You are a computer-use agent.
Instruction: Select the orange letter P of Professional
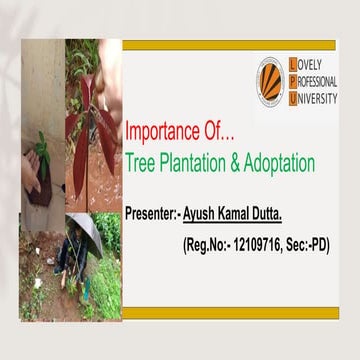click(x=292, y=81)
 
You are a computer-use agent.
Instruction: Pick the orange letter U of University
click(x=292, y=98)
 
